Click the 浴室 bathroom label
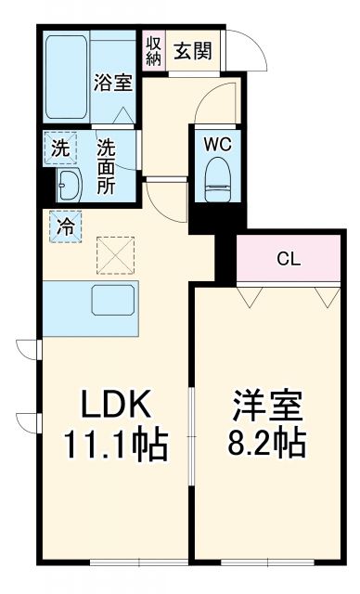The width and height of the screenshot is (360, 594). pos(113,82)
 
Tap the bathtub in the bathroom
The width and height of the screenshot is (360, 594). pos(68,73)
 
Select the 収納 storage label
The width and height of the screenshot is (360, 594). pos(153,50)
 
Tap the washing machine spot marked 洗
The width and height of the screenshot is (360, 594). pos(60,148)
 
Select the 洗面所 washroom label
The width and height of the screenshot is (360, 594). pos(108,163)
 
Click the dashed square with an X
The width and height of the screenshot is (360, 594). pos(116,256)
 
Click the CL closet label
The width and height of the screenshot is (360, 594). pos(288,259)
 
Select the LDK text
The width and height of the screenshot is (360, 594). pos(113,406)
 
